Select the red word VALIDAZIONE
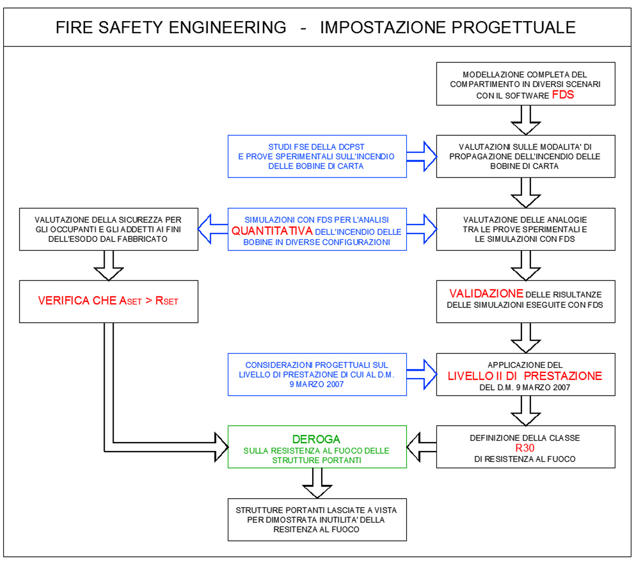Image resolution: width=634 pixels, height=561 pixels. [x=486, y=294]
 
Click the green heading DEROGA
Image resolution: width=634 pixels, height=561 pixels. [x=316, y=440]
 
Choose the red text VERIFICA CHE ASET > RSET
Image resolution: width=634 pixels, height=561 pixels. [x=108, y=301]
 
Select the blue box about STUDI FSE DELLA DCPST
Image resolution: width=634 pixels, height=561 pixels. [x=317, y=155]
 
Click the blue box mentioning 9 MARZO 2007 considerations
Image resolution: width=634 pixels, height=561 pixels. [x=317, y=375]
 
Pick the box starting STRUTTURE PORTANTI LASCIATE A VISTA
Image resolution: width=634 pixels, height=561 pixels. [x=317, y=519]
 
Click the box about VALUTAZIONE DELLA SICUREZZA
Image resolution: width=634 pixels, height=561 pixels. [x=108, y=229]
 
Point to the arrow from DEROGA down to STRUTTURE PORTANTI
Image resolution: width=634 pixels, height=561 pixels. [x=317, y=482]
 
